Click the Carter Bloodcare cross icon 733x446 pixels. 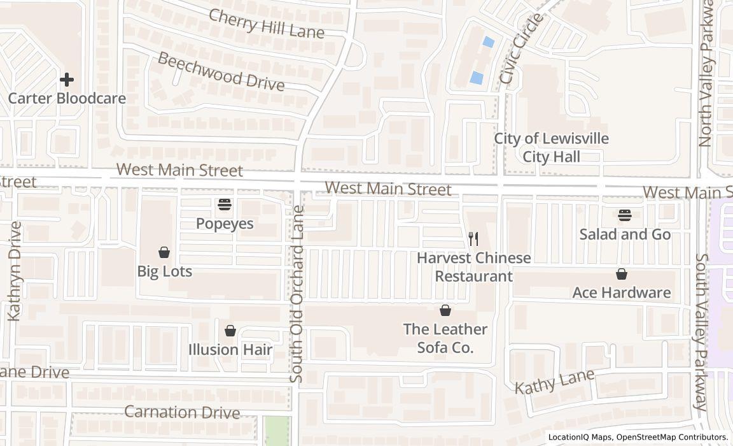(66, 80)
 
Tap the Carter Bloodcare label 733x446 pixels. (67, 98)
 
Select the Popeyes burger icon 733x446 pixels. (225, 205)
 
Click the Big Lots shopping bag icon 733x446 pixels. (164, 252)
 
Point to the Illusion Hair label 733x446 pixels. (230, 349)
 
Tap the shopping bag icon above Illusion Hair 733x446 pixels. (230, 331)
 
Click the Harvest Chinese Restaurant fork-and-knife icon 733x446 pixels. (473, 239)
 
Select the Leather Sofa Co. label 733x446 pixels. (445, 338)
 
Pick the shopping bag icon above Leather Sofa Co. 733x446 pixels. (445, 310)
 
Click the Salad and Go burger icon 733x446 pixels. (625, 215)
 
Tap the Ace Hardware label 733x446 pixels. (622, 292)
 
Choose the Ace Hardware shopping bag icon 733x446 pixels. (622, 274)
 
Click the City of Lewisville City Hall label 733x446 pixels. (552, 147)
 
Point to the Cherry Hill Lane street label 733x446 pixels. (267, 24)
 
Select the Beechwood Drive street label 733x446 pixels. (221, 72)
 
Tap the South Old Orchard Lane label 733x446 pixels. (298, 294)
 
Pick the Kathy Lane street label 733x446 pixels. (554, 380)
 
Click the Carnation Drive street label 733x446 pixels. (182, 412)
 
